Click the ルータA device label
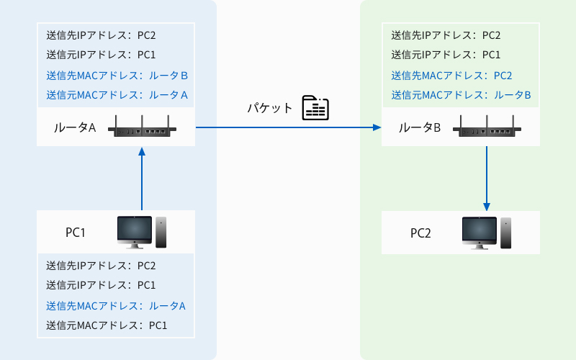pos(75,127)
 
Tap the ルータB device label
pos(420,127)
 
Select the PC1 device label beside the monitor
pos(76,233)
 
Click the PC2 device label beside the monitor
pos(420,233)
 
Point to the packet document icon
pos(315,108)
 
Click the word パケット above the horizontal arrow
pos(269,108)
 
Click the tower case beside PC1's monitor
pos(161,232)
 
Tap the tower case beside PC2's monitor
pos(506,233)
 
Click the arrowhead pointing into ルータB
pos(377,127)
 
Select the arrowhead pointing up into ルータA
pos(142,151)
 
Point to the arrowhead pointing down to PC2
pos(487,207)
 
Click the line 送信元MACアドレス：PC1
pos(107,325)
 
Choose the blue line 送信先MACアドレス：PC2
pos(451,76)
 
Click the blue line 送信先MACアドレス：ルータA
pos(116,306)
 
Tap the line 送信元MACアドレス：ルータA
pos(117,95)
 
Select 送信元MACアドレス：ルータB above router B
pos(461,95)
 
